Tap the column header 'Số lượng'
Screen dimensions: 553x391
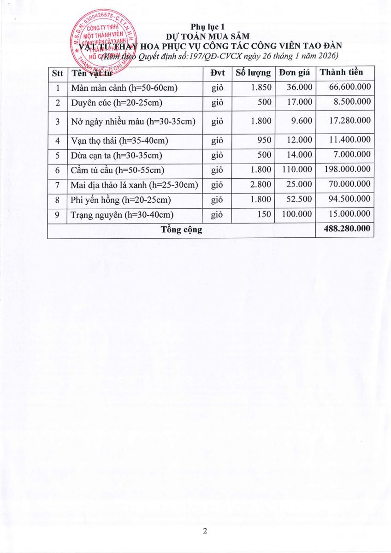[x=253, y=72]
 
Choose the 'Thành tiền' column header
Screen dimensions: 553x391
[x=341, y=72]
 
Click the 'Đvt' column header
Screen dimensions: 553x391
[x=217, y=72]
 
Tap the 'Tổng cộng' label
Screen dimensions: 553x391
[x=181, y=229]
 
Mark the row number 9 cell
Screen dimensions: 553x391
[x=58, y=215]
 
